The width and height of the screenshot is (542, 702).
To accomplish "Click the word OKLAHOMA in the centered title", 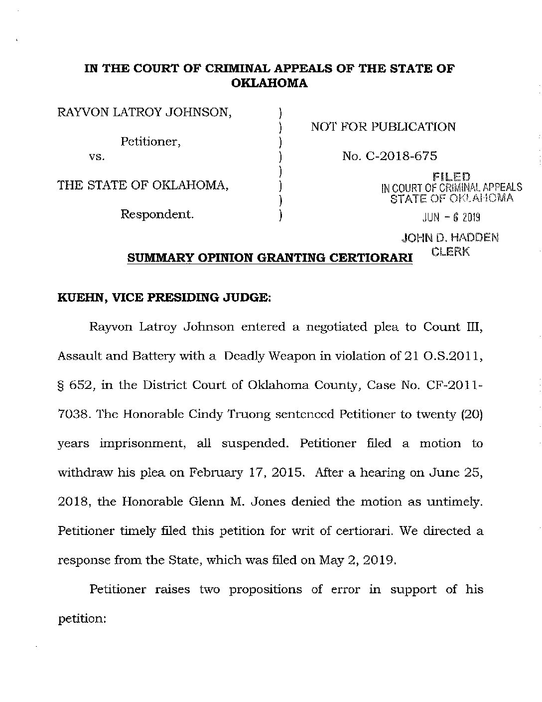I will pyautogui.click(x=270, y=83).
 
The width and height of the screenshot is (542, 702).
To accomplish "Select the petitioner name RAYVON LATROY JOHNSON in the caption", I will pyautogui.click(x=145, y=112).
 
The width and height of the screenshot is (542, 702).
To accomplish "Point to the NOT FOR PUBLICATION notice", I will pyautogui.click(x=383, y=127).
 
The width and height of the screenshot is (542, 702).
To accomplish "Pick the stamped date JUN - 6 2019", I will pyautogui.click(x=451, y=217).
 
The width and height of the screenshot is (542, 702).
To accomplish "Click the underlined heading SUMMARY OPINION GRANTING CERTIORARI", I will pyautogui.click(x=270, y=258).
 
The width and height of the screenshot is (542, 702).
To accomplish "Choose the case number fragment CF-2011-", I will pyautogui.click(x=456, y=385).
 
